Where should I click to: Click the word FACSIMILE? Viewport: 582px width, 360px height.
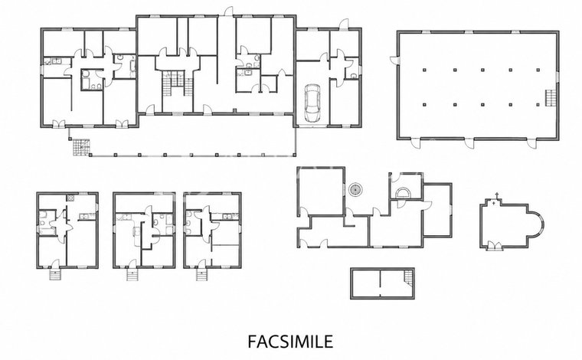290,342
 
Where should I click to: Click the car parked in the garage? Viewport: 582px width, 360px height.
312,103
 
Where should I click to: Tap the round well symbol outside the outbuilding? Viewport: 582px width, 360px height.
355,190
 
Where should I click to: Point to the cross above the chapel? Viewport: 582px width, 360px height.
497,195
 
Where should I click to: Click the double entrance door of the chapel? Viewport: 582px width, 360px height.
494,247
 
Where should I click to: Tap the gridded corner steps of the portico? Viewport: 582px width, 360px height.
81,148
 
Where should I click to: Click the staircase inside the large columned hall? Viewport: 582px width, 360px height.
551,98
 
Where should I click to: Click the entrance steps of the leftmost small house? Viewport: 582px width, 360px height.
55,275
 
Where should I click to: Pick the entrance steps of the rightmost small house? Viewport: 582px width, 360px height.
201,275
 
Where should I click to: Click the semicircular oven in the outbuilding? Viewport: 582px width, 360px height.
402,193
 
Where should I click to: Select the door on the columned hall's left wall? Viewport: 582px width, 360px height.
394,60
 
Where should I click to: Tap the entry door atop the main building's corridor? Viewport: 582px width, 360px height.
227,11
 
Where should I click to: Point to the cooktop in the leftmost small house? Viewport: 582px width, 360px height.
70,198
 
